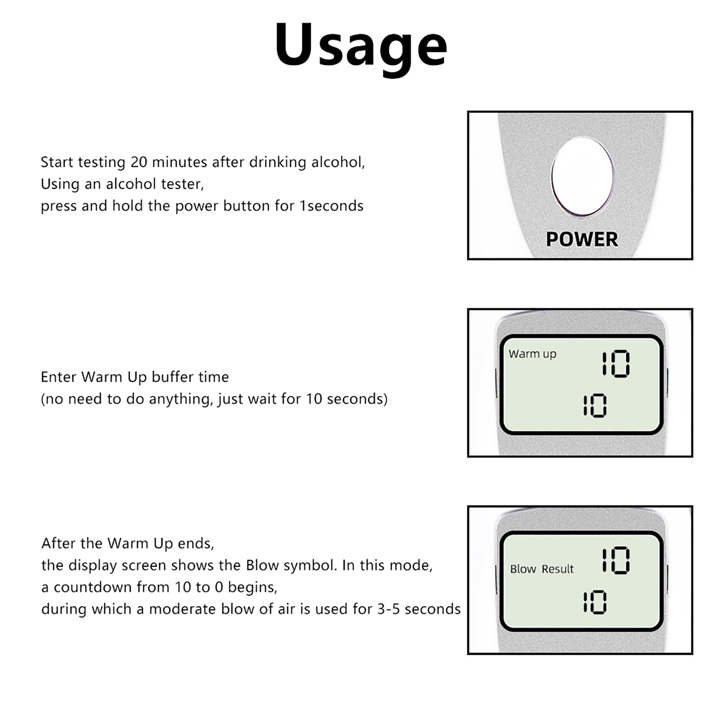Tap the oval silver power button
tap(582, 176)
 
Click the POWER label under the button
tap(582, 239)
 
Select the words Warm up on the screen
tap(532, 354)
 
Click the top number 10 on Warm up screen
tap(615, 364)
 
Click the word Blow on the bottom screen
tap(523, 569)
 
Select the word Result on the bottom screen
tap(558, 569)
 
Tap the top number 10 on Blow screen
tap(615, 560)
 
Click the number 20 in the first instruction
tap(139, 162)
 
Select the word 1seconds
tap(331, 206)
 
